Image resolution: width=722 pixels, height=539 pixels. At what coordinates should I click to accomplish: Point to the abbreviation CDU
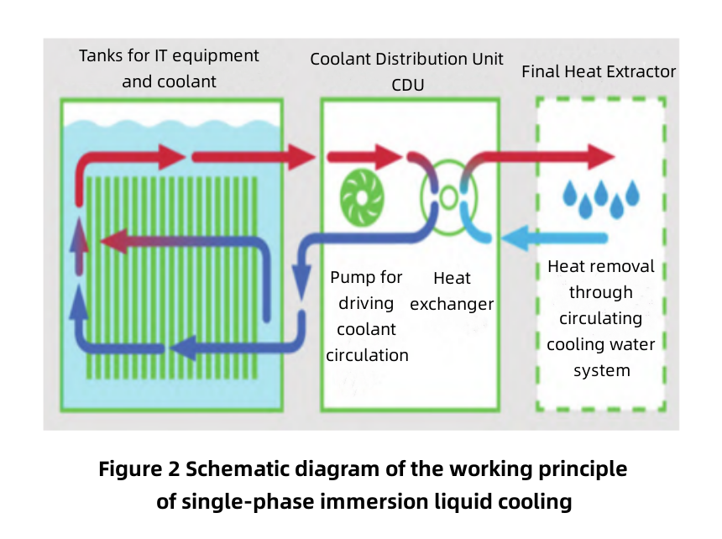[x=407, y=85]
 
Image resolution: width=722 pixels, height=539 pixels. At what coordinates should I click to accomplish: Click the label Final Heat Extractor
[x=598, y=71]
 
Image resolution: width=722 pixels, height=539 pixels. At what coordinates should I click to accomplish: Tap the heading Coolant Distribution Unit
[x=407, y=60]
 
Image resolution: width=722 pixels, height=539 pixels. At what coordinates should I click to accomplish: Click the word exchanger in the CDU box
[x=452, y=304]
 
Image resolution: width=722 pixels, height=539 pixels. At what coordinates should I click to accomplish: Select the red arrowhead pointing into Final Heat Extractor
[x=599, y=156]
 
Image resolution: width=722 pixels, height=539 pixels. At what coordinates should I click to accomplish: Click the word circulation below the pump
[x=367, y=355]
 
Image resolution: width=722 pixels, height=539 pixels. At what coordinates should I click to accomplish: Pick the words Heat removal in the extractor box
[x=600, y=266]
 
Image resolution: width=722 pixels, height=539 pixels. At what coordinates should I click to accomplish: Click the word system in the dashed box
[x=600, y=370]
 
